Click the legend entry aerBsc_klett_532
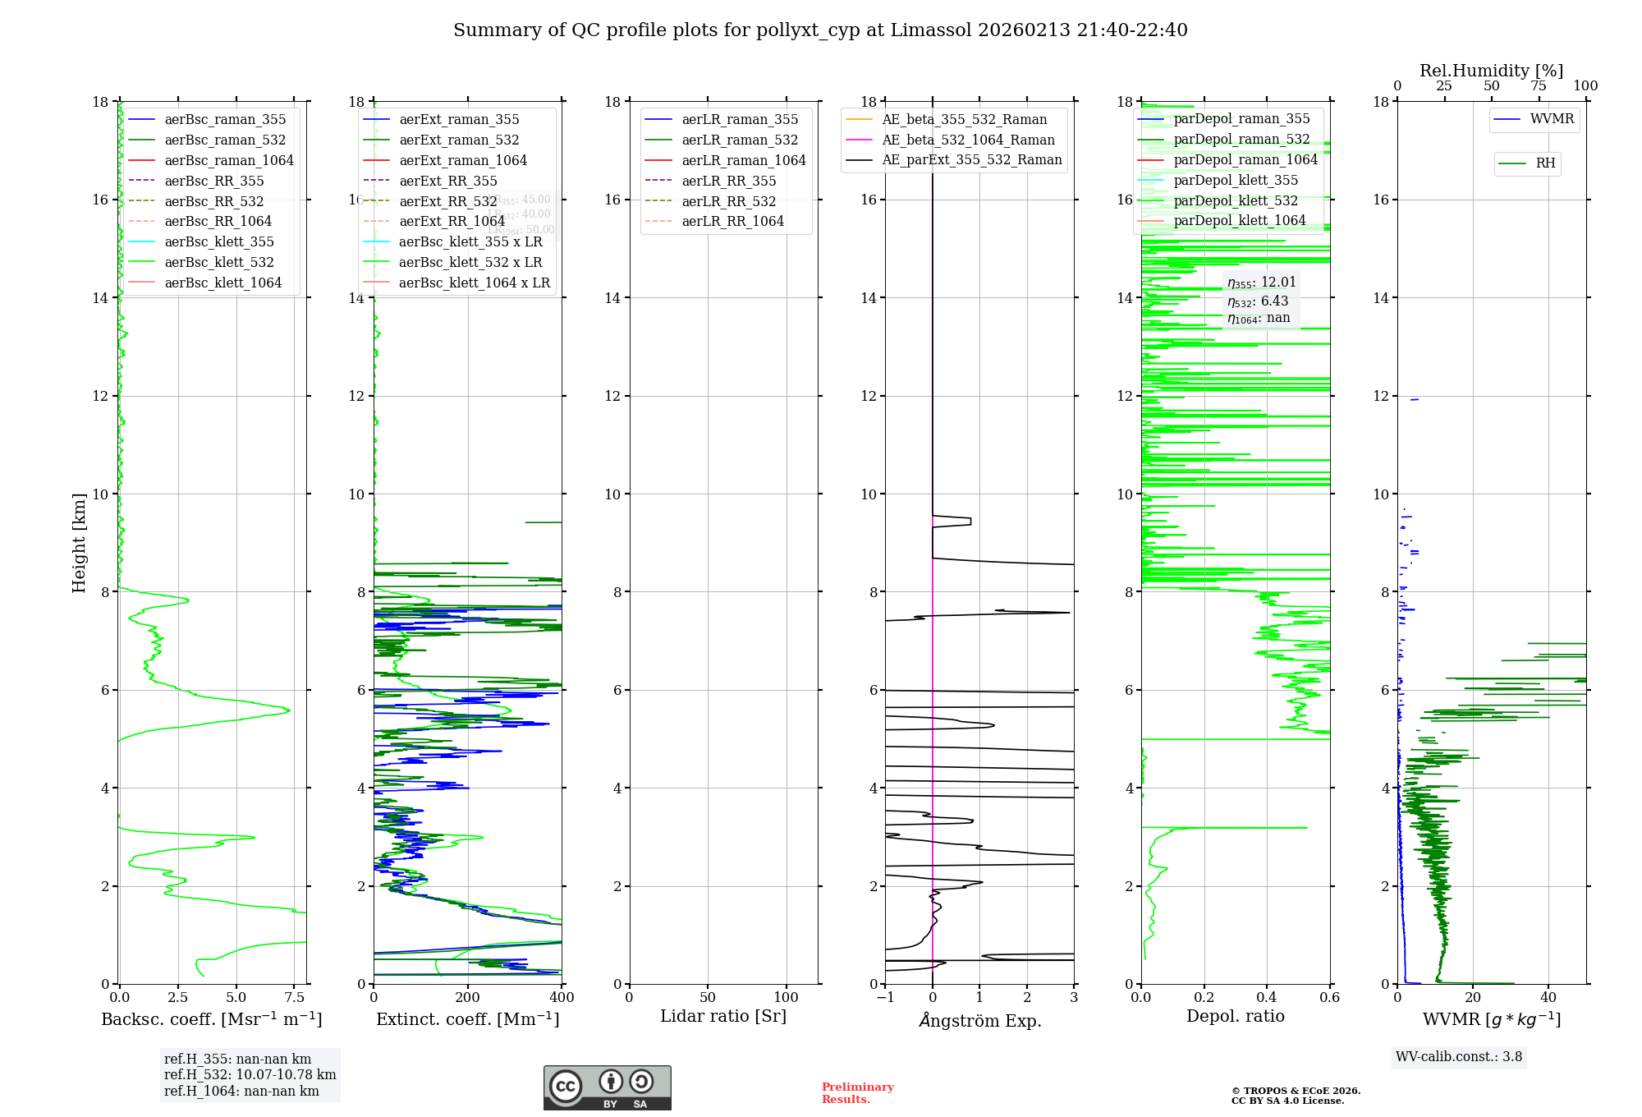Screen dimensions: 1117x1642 click(x=219, y=262)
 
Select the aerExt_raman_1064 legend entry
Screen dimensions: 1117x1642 click(x=463, y=160)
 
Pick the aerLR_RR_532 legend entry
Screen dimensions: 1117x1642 click(x=728, y=201)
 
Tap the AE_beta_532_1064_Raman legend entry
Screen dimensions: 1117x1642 click(x=968, y=140)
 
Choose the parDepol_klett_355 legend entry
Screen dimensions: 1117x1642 click(x=1236, y=180)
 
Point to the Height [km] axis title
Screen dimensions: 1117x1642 click(x=79, y=542)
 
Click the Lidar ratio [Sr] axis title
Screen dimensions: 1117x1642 click(x=723, y=1016)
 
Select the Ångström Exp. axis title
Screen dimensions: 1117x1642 click(x=979, y=1020)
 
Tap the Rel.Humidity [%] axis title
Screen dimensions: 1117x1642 click(x=1491, y=71)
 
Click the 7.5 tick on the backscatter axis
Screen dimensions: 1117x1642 click(x=295, y=998)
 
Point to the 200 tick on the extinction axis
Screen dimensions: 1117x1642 click(x=468, y=998)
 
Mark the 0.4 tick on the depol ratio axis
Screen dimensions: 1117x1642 click(x=1267, y=998)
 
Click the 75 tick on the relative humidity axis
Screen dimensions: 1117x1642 click(x=1538, y=86)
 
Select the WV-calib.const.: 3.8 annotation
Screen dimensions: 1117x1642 click(x=1459, y=1057)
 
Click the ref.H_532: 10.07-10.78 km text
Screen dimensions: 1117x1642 click(x=250, y=1075)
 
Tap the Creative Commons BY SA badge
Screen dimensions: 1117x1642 click(x=607, y=1087)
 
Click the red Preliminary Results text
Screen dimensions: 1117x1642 click(x=857, y=1093)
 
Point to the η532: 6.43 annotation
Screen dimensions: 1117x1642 click(x=1258, y=301)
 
